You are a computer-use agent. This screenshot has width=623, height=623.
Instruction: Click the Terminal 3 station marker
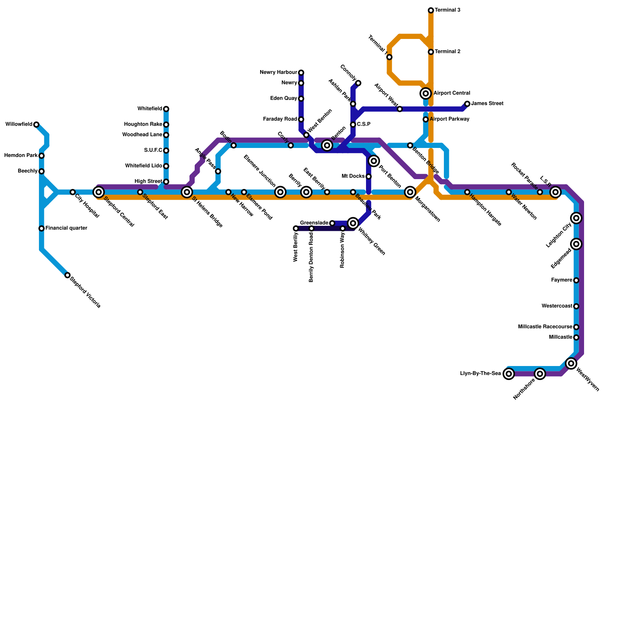tap(431, 10)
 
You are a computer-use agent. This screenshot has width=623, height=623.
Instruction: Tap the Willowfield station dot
tap(36, 125)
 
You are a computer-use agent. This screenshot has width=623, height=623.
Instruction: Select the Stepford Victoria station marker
tap(67, 275)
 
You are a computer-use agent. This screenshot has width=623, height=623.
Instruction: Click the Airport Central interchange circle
tap(426, 93)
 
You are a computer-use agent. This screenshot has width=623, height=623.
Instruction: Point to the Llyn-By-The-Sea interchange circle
tap(509, 374)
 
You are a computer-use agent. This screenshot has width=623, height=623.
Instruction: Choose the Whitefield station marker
tap(166, 109)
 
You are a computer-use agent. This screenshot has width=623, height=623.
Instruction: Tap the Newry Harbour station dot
tap(301, 72)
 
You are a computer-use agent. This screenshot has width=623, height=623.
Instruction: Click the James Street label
tap(487, 104)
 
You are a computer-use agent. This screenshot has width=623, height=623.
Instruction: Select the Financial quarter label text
tap(66, 228)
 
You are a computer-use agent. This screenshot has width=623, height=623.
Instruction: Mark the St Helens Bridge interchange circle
tap(187, 192)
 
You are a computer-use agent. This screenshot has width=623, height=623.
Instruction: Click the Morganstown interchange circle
tap(410, 192)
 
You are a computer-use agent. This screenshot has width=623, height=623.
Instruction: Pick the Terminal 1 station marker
tap(389, 57)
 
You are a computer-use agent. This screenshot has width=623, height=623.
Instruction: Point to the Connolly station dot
tap(358, 83)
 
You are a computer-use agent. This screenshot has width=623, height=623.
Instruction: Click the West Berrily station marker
tap(296, 229)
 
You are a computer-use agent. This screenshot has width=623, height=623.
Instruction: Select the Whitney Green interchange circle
tap(353, 223)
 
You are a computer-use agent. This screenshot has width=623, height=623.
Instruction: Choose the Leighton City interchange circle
tap(576, 218)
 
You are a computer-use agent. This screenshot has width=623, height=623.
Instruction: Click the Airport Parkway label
tap(449, 119)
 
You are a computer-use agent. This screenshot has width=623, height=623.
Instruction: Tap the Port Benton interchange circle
tap(374, 161)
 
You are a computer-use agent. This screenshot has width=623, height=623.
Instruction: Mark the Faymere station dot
tap(576, 280)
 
